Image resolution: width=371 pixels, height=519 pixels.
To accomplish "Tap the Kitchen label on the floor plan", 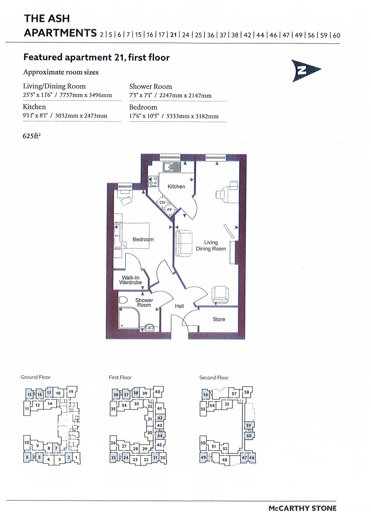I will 176,187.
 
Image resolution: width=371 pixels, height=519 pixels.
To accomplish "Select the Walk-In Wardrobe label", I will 130,280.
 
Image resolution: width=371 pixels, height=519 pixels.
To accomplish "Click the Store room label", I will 219,319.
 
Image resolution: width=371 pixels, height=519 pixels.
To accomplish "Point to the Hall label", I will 179,306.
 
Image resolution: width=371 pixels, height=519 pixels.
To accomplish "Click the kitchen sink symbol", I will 172,167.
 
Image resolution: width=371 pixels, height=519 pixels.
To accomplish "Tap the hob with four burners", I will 153,181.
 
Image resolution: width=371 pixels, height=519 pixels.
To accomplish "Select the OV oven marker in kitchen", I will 162,202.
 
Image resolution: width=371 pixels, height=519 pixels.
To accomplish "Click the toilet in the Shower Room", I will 123,300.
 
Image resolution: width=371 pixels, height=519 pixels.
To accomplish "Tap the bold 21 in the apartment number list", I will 173,35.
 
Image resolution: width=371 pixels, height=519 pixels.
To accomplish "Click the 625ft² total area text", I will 32,136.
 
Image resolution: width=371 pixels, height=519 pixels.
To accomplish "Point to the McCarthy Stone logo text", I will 302,508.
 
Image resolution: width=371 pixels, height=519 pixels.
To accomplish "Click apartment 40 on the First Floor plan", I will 157,392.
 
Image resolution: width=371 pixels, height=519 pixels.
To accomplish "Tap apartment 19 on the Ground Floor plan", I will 71,392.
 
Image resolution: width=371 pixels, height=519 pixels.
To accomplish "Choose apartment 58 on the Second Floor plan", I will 247,392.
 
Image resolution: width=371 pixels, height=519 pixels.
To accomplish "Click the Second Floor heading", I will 214,378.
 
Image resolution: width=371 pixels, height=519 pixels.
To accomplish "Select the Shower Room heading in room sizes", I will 150,86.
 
